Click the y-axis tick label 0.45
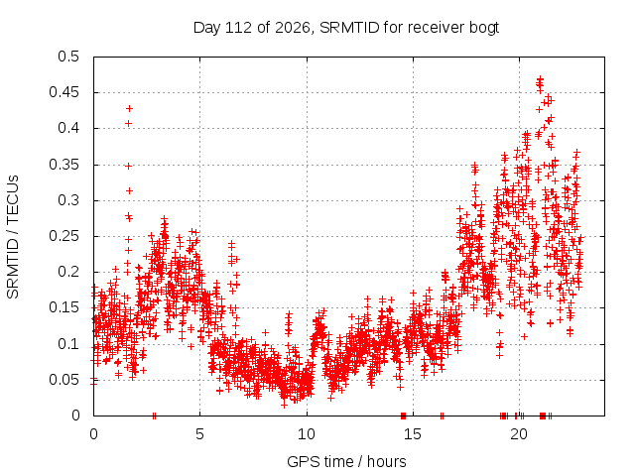[63, 92]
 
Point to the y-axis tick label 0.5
[68, 57]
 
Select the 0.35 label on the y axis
[63, 165]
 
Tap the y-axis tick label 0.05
[63, 380]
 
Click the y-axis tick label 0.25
[63, 236]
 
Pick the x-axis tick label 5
[199, 434]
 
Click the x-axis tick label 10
[307, 434]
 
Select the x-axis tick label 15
[413, 434]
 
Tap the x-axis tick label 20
[520, 434]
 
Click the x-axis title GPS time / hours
[346, 461]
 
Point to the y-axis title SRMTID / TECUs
[13, 237]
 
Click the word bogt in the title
[484, 28]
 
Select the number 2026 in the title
[293, 28]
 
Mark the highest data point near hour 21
[540, 78]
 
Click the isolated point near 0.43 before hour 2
[129, 108]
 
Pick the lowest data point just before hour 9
[284, 405]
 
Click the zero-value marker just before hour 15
[403, 416]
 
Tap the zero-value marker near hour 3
[154, 416]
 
